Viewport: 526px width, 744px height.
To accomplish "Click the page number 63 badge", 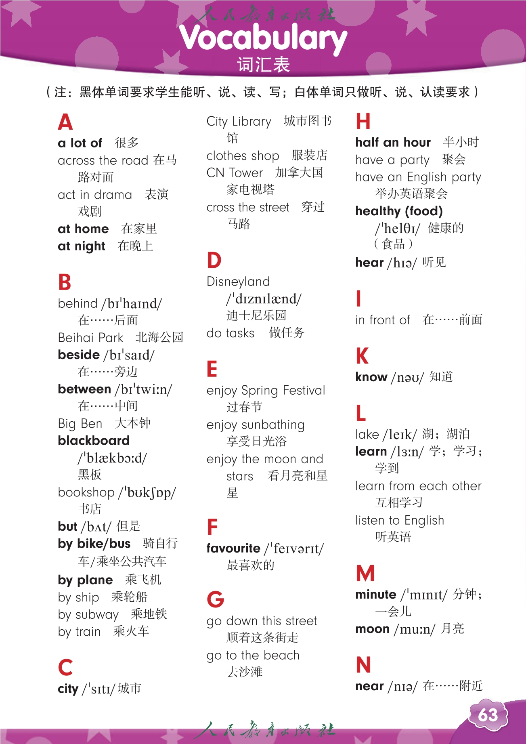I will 488,715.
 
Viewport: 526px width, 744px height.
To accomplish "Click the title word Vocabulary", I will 263,38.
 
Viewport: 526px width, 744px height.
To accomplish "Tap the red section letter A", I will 65,122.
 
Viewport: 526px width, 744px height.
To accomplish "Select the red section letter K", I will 362,356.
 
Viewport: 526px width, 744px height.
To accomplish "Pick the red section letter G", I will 215,599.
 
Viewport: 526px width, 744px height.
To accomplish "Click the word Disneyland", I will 238,282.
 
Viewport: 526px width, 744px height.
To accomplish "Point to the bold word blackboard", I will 94,440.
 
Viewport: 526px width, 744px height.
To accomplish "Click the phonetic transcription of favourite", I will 294,549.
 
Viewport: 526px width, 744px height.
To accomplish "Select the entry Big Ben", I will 80,423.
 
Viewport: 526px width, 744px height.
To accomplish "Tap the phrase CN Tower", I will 235,173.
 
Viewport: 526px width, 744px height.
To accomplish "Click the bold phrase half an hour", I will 393,142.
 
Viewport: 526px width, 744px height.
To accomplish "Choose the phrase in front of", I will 382,320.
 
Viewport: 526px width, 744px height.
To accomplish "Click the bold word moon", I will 372,629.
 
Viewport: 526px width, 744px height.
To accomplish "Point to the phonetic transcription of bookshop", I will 147,492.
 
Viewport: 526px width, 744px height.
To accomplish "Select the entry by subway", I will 88,614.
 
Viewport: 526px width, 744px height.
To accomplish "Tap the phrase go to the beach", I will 253,655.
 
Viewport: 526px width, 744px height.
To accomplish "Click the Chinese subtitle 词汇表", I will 263,65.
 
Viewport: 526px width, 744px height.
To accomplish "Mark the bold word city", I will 68,689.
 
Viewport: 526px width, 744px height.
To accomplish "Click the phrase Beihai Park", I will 90,337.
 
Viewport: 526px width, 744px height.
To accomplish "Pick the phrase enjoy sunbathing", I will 255,425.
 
